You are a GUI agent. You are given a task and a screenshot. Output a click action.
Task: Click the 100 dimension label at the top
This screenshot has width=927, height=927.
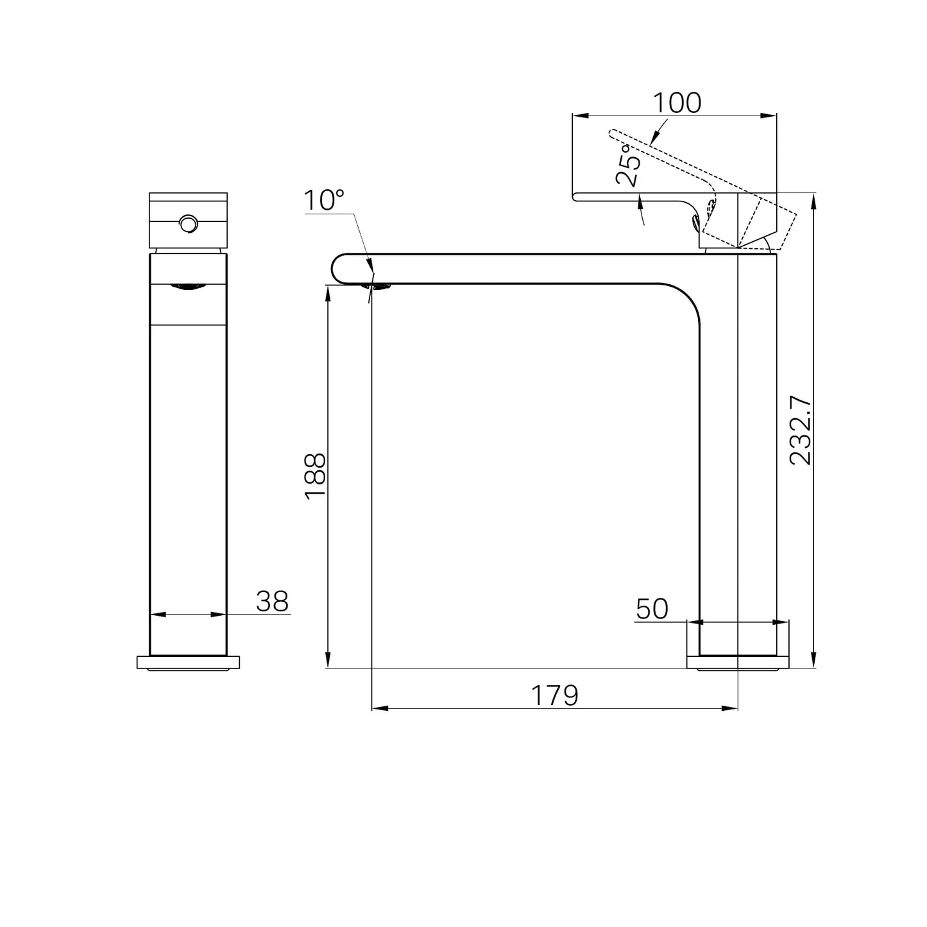pyautogui.click(x=677, y=103)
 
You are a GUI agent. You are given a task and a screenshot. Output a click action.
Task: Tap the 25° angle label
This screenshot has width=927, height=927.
pyautogui.click(x=628, y=166)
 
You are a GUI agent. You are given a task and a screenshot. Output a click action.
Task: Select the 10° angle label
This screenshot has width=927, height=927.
pyautogui.click(x=324, y=200)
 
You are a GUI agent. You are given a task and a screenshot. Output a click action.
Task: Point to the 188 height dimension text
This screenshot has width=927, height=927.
pyautogui.click(x=316, y=476)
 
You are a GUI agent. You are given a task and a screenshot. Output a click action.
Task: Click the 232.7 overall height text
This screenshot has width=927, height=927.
pyautogui.click(x=801, y=430)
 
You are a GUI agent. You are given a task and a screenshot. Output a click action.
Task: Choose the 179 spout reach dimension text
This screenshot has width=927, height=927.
pyautogui.click(x=554, y=695)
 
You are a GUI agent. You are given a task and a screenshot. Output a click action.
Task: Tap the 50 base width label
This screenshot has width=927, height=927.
pyautogui.click(x=652, y=609)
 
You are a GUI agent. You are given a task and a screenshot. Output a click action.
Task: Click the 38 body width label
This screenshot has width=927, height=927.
pyautogui.click(x=272, y=601)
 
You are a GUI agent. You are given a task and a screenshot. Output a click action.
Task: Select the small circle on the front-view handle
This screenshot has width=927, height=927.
pyautogui.click(x=188, y=223)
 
